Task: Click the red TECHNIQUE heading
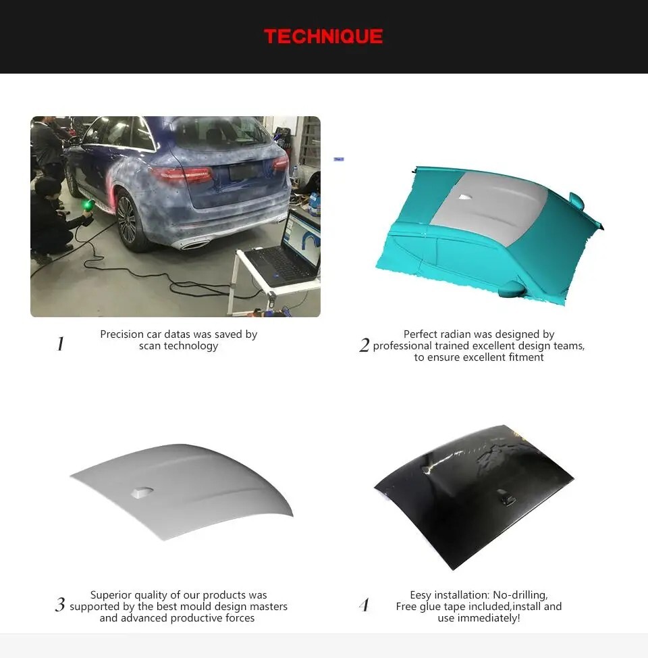click(323, 36)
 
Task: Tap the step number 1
click(60, 344)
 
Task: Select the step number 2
click(364, 345)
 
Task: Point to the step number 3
click(60, 605)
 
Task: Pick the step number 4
click(364, 605)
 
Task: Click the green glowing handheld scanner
click(87, 206)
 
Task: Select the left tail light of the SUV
click(182, 174)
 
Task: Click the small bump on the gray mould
click(142, 492)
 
